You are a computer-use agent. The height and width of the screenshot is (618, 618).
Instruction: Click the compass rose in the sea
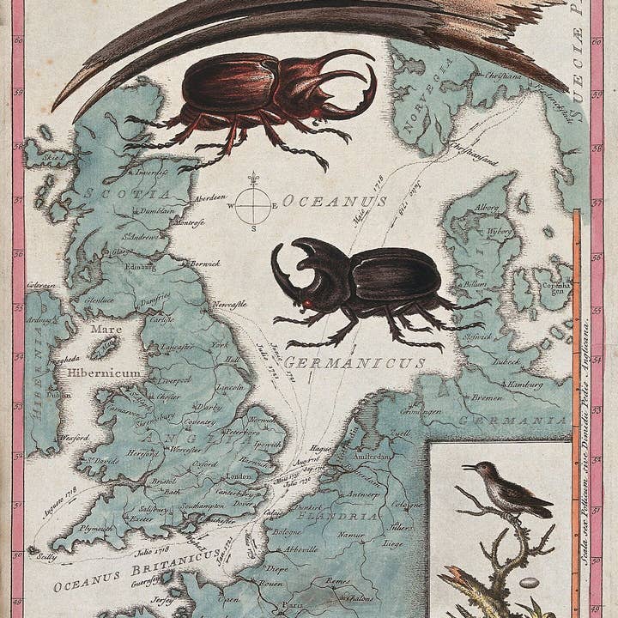click(x=253, y=204)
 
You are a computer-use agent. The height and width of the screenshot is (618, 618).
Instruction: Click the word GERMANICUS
click(x=356, y=363)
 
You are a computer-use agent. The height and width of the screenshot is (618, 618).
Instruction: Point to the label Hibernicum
click(x=105, y=373)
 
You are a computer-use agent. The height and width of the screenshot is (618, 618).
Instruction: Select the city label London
click(x=237, y=476)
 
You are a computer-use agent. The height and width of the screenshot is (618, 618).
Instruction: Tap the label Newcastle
click(x=230, y=304)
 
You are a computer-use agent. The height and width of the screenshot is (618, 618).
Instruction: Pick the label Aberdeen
click(x=209, y=197)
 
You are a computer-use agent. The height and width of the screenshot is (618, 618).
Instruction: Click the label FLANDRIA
click(x=347, y=517)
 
